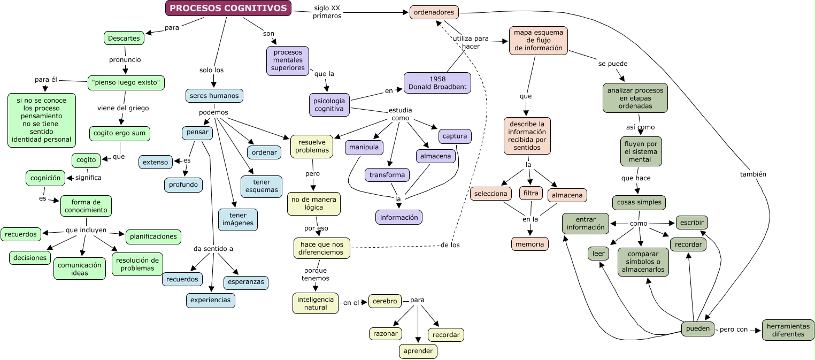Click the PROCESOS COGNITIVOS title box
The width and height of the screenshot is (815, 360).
(228, 8)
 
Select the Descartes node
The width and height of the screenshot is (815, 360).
(124, 38)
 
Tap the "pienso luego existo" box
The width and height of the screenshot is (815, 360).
(126, 82)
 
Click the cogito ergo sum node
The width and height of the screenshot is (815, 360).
(120, 133)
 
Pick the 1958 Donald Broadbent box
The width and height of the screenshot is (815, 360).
(437, 83)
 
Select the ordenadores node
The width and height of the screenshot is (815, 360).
(434, 12)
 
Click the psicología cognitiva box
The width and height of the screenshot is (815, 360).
(329, 104)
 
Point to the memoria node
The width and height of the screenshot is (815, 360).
(529, 244)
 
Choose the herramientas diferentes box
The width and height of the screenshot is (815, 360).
(788, 330)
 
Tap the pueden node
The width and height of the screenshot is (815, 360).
(697, 328)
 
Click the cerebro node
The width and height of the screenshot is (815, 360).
(385, 301)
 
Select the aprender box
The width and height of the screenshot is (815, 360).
(418, 351)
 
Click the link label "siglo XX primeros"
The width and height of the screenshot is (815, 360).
(327, 12)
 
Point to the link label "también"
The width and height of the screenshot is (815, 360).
(753, 174)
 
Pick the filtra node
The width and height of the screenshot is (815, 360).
(530, 193)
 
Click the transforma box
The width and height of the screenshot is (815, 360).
(387, 175)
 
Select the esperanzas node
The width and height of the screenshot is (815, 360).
(244, 282)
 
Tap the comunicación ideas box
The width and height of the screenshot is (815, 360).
(79, 269)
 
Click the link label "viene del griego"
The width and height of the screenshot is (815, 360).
(123, 108)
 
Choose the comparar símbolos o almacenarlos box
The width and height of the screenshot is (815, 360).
(643, 262)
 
